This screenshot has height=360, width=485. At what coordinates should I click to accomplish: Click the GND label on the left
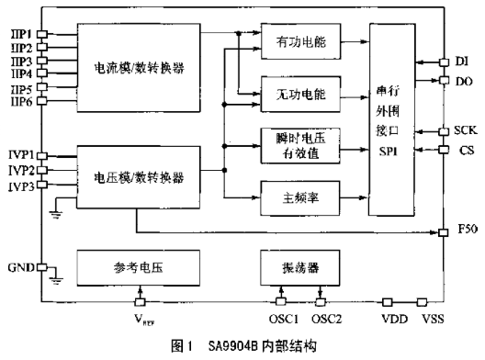(x=18, y=267)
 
